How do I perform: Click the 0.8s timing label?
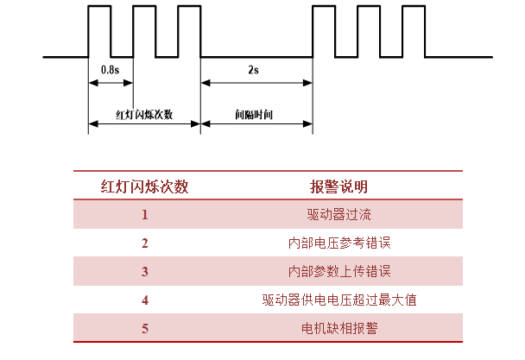[111, 70]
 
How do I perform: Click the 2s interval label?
[254, 70]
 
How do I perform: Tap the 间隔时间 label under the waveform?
[254, 115]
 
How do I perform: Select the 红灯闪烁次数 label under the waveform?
[144, 115]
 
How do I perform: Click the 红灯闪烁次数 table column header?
[145, 186]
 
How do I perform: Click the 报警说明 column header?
[338, 186]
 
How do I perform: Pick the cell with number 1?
[145, 214]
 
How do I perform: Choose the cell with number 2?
[145, 243]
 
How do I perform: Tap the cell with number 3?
[145, 271]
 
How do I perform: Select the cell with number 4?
[145, 300]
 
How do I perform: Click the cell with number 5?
[145, 328]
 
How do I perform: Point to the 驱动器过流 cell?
[338, 214]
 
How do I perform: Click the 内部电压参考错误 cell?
[339, 243]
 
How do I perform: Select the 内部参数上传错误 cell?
[339, 271]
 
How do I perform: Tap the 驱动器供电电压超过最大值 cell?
[339, 300]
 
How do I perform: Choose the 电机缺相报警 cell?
[339, 328]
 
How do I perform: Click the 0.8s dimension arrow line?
[111, 83]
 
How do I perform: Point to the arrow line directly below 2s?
[256, 83]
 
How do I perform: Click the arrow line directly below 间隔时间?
[256, 124]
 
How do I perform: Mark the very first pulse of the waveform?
[99, 6]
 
